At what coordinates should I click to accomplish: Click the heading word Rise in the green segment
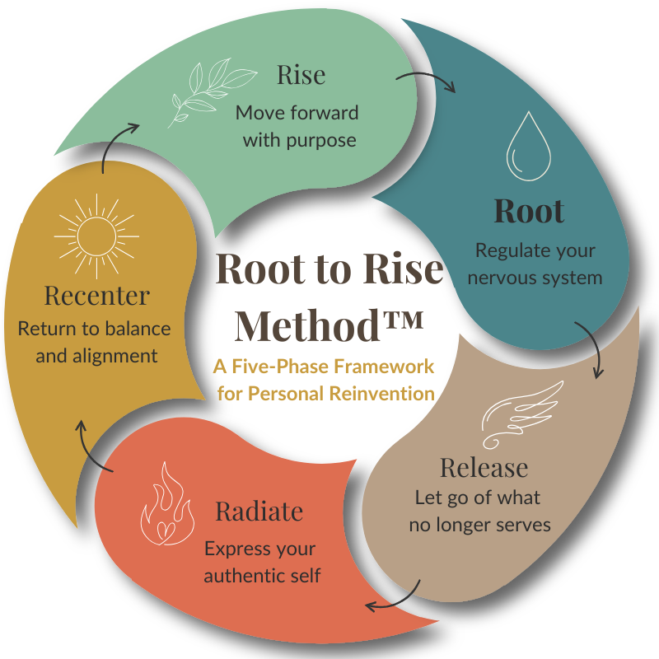301,76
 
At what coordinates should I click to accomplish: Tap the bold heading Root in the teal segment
529,211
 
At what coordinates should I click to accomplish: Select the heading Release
484,468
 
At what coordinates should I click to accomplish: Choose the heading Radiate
259,512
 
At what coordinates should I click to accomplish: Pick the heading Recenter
97,294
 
